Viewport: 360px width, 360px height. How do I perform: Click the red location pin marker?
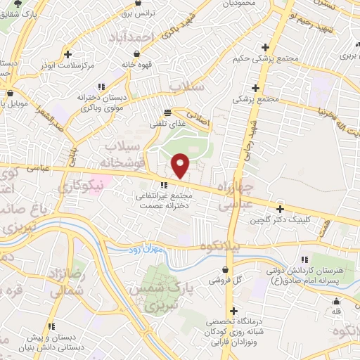click(x=181, y=165)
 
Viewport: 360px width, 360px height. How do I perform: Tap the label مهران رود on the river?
click(x=145, y=250)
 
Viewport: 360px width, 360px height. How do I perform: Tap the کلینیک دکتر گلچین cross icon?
click(x=280, y=209)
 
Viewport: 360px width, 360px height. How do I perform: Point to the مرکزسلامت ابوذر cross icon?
click(x=67, y=54)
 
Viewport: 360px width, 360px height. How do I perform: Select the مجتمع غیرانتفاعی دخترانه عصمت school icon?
click(x=164, y=185)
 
